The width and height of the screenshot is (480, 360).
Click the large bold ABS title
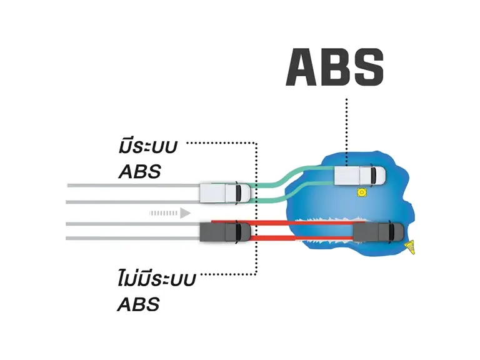click(334, 67)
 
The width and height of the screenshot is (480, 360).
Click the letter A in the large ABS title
click(301, 67)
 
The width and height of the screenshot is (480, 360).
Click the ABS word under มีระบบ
click(139, 171)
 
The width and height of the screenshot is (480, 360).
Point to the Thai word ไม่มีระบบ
click(156, 278)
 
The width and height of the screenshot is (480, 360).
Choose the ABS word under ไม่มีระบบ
click(139, 304)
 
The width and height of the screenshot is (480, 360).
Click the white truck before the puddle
click(225, 193)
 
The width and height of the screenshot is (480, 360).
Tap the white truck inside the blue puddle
click(360, 176)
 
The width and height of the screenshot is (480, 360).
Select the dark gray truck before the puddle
click(225, 232)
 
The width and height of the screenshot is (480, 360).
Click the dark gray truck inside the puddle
click(379, 232)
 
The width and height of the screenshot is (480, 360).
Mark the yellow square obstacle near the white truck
click(362, 192)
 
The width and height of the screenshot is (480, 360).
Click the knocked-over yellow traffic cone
click(410, 247)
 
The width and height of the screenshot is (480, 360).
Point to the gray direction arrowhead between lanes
click(185, 213)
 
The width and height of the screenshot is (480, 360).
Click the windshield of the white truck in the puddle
click(374, 176)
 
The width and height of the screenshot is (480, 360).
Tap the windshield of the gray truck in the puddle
click(391, 232)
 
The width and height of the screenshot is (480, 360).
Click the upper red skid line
click(288, 222)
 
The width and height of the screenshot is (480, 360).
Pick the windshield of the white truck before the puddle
click(239, 193)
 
